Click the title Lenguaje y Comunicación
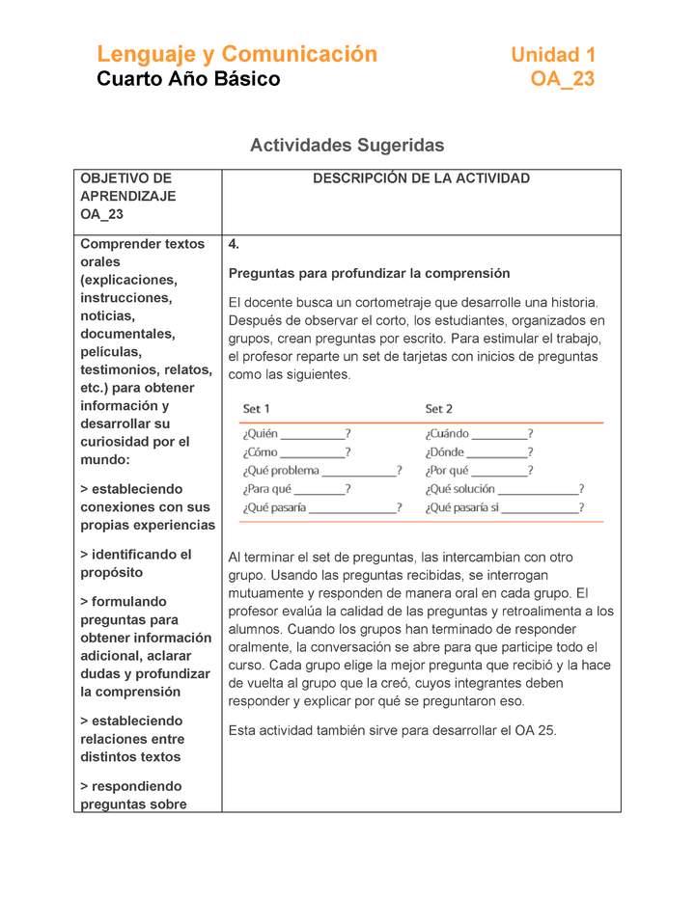[x=236, y=54]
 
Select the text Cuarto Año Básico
[x=188, y=79]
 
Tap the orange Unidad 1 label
[x=553, y=55]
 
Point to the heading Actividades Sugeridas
[x=347, y=145]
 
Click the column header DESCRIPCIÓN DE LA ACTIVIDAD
[x=421, y=178]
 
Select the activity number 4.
[x=234, y=244]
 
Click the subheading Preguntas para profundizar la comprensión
[x=369, y=273]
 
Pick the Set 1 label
[x=256, y=409]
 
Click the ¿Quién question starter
[x=261, y=434]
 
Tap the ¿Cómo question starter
[x=261, y=452]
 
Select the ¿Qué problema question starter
[x=281, y=471]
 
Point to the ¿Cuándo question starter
[x=447, y=434]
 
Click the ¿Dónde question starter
[x=445, y=452]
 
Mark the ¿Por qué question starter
[x=447, y=471]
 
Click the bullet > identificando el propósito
[x=135, y=563]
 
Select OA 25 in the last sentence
[x=537, y=730]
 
